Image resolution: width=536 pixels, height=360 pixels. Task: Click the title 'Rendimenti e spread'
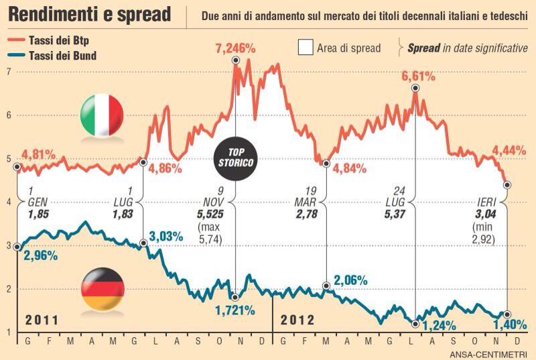90,14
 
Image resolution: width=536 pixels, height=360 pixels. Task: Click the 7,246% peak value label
235,48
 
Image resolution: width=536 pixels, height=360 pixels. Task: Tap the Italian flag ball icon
102,115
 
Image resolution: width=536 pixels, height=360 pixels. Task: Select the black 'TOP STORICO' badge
235,158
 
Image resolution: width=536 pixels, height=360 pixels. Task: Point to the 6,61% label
419,76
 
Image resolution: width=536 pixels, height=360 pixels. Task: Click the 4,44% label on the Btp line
509,151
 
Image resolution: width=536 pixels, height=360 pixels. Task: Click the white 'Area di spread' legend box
306,48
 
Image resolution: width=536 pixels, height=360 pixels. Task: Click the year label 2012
296,319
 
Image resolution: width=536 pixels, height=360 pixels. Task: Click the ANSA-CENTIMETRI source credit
488,353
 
